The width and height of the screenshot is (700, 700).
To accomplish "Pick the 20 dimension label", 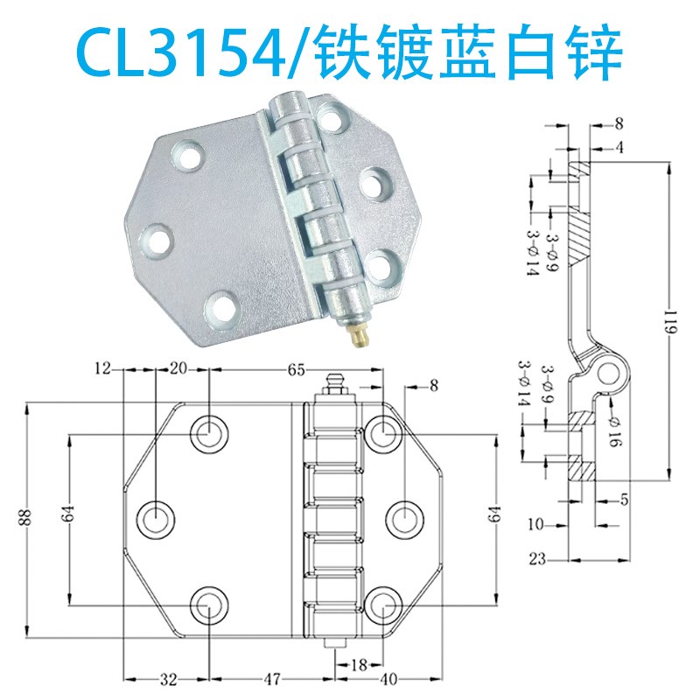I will pos(178,369).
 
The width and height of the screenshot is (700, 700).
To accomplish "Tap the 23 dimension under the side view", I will pos(538,557).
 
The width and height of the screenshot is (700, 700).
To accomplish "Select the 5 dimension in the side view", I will pos(622,500).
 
